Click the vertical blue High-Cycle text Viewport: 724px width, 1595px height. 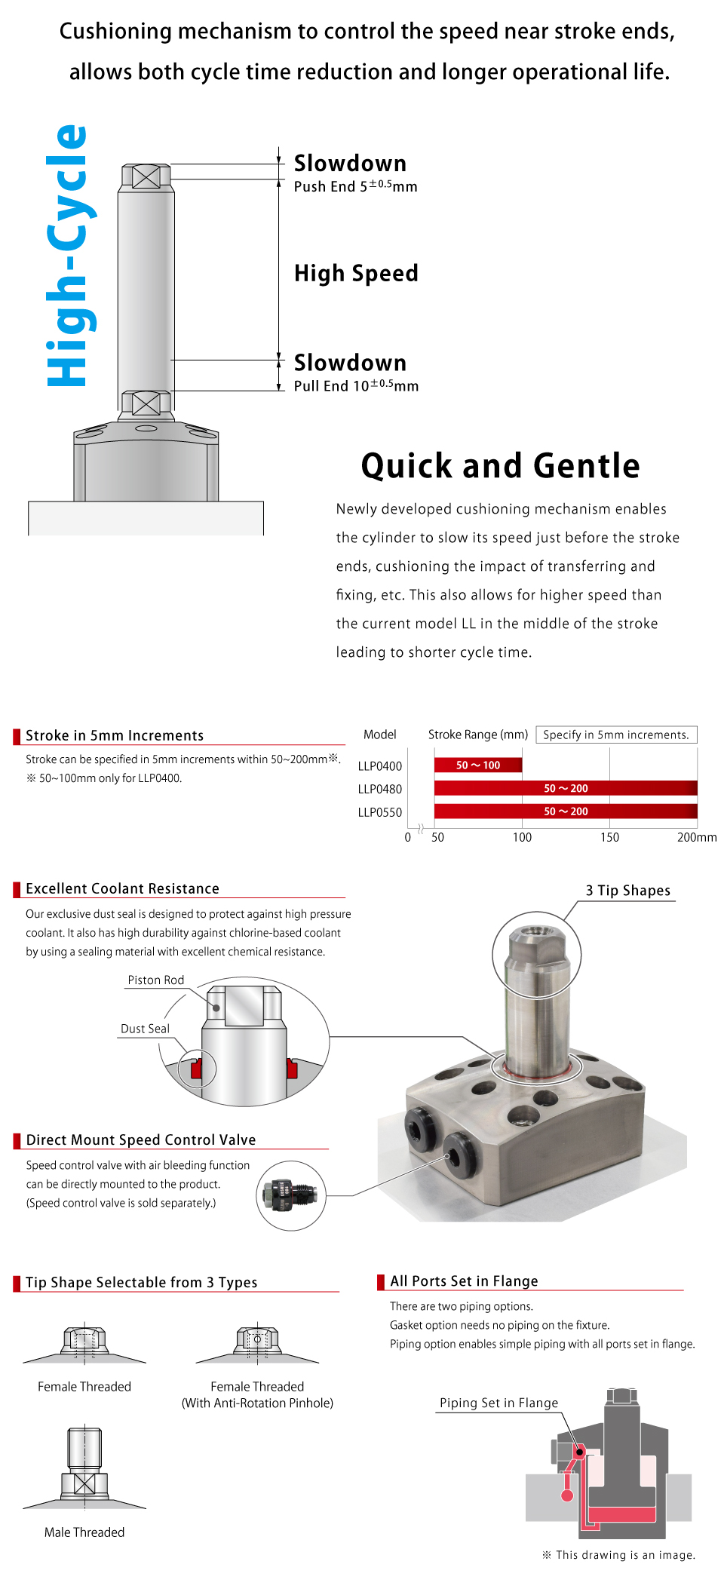(x=69, y=256)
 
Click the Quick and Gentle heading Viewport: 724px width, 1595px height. (x=500, y=466)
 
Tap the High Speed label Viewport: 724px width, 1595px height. (x=356, y=273)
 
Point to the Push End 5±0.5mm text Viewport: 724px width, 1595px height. (x=355, y=186)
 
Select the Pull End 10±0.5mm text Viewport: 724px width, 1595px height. (x=356, y=385)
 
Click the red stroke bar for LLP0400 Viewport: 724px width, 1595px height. (x=478, y=765)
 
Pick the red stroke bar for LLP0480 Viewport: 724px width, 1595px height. (x=566, y=788)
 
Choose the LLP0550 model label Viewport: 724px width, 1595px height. (x=380, y=812)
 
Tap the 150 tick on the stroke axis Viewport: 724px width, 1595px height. (x=609, y=837)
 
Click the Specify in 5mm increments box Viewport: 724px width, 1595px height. (x=615, y=735)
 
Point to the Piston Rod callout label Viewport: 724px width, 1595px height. (x=156, y=980)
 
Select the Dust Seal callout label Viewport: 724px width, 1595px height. (x=145, y=1029)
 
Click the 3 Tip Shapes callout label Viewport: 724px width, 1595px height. (x=627, y=891)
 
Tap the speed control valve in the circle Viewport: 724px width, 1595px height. (x=290, y=1195)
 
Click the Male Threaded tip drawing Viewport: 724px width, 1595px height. (x=84, y=1467)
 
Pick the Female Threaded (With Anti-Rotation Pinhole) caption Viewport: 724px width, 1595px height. (x=257, y=1394)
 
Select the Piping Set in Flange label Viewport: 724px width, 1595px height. (x=499, y=1403)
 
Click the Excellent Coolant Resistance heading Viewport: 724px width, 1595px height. (x=122, y=888)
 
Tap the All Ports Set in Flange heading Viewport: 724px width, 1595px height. (x=464, y=1281)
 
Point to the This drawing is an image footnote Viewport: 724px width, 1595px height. (x=618, y=1554)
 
